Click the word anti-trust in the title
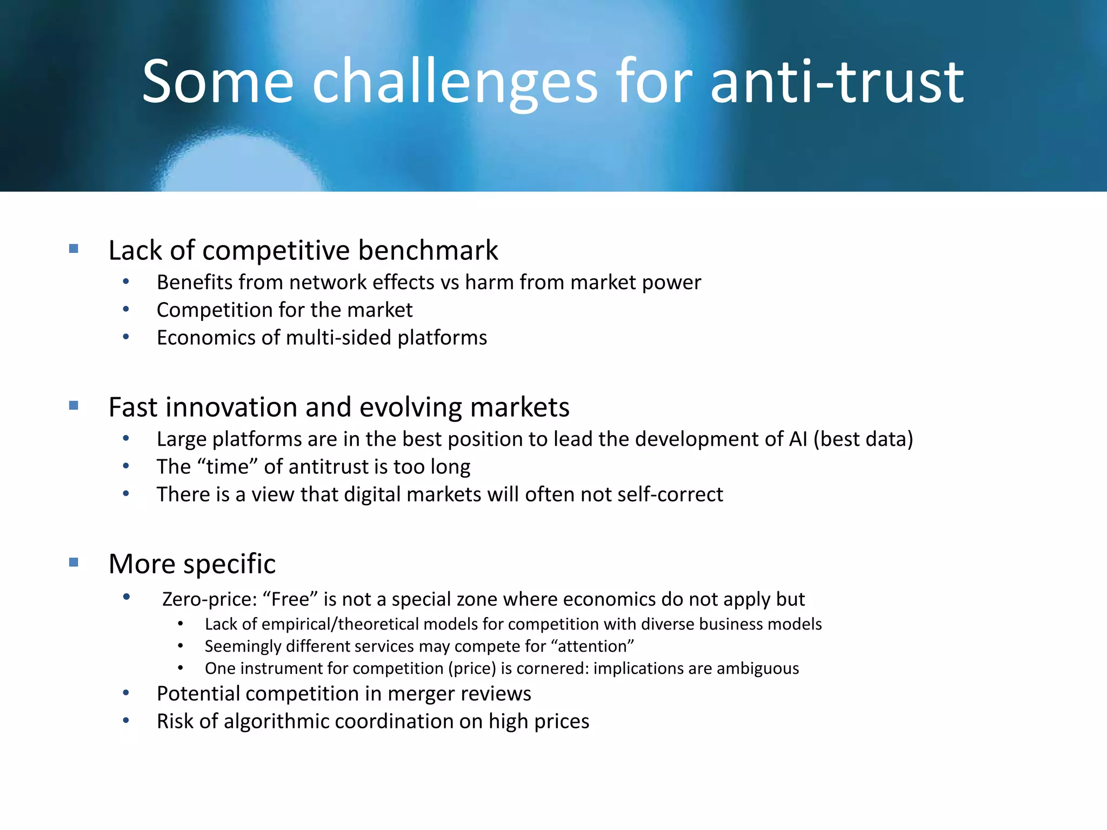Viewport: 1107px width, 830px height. pyautogui.click(x=837, y=82)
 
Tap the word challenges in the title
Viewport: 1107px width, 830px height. pyautogui.click(x=455, y=82)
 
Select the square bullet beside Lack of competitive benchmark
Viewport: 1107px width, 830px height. pyautogui.click(x=74, y=249)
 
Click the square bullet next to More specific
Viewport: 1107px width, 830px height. pyautogui.click(x=74, y=563)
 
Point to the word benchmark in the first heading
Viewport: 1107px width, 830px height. pyautogui.click(x=428, y=250)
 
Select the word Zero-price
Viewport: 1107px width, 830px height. pyautogui.click(x=210, y=599)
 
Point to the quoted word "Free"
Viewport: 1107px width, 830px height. pyautogui.click(x=290, y=599)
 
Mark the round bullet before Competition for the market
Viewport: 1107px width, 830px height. pyautogui.click(x=126, y=309)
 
